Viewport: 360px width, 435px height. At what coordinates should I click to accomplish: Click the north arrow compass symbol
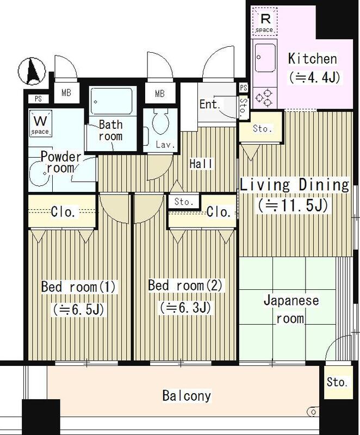click(x=32, y=71)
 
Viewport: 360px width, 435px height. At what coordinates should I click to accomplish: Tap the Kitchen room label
click(x=313, y=59)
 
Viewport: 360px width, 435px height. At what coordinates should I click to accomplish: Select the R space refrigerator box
click(x=264, y=22)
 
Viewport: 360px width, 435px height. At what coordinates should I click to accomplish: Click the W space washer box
click(x=41, y=124)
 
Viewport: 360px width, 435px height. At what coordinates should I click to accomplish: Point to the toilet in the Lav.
click(x=160, y=121)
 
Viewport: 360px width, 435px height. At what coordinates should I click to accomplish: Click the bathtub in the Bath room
click(x=111, y=101)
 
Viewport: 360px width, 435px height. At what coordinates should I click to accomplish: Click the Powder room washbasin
click(x=39, y=173)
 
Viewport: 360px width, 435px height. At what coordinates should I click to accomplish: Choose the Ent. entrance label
click(x=210, y=104)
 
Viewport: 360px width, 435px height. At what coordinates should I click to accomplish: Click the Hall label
click(x=201, y=164)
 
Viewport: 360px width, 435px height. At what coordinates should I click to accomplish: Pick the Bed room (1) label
click(x=78, y=287)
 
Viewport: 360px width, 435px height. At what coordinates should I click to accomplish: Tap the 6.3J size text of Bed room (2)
click(x=185, y=307)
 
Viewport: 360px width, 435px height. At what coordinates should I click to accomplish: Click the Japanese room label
click(x=291, y=309)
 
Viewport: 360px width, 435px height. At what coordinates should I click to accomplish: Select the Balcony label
click(x=187, y=395)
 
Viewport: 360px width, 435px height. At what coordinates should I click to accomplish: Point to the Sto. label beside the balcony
click(x=337, y=382)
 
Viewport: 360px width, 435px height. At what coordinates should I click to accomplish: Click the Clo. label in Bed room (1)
click(x=63, y=212)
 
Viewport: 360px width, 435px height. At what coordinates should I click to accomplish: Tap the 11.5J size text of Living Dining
click(x=293, y=206)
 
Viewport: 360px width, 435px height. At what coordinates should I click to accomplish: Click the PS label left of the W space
click(x=38, y=99)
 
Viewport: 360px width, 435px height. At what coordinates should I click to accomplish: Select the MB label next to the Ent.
click(x=160, y=94)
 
